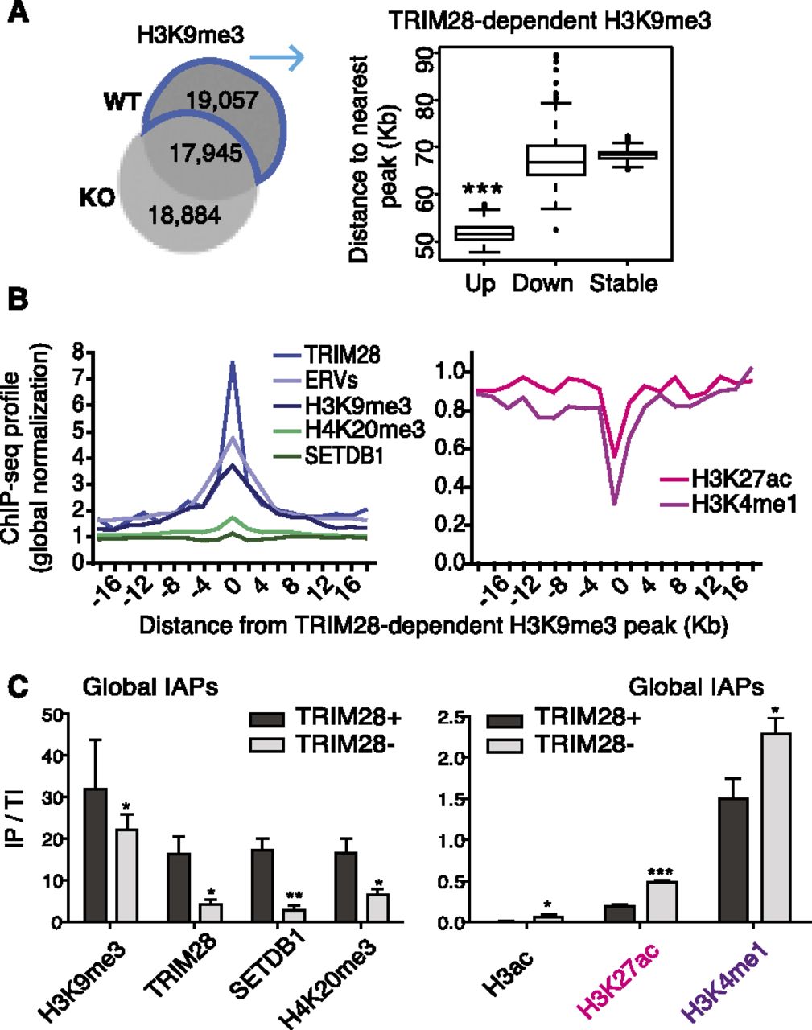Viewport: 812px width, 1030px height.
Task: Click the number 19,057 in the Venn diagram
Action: [x=222, y=101]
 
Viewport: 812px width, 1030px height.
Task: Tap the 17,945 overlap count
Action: [x=206, y=154]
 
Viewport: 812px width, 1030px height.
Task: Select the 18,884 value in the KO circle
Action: [x=184, y=216]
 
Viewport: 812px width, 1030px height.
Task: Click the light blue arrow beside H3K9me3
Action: [x=277, y=57]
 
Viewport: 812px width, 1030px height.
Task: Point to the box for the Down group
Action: [x=556, y=160]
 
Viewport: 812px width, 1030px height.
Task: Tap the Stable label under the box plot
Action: [x=623, y=283]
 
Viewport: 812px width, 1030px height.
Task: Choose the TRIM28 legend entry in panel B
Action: [x=327, y=355]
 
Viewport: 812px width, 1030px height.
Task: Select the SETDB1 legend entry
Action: [x=329, y=456]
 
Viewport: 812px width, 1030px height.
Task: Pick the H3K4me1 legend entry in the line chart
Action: [x=728, y=505]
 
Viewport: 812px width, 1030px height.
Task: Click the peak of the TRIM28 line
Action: [x=233, y=362]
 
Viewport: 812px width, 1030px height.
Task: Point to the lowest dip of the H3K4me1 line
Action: [x=615, y=504]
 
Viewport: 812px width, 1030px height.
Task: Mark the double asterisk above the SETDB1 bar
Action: [x=294, y=894]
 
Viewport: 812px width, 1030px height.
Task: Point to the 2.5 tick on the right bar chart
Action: [x=451, y=718]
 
